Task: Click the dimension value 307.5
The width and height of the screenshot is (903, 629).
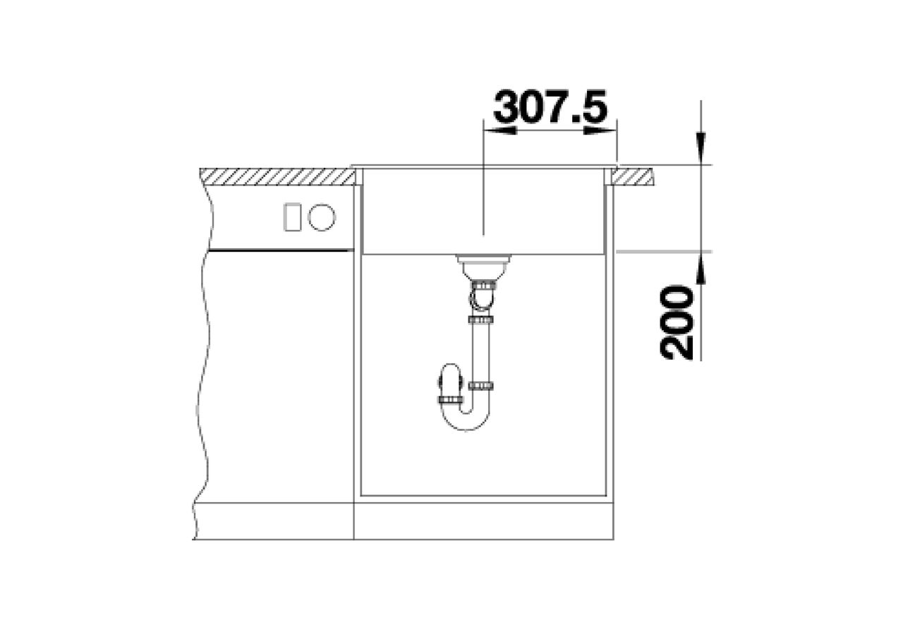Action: [550, 106]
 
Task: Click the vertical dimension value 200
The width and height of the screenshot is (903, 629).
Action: [677, 322]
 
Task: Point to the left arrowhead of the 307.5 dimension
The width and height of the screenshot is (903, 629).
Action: [500, 130]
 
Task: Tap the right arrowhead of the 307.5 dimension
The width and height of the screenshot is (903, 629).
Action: [600, 130]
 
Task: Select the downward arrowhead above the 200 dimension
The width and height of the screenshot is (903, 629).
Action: [701, 149]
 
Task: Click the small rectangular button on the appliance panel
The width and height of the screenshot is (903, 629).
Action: [292, 217]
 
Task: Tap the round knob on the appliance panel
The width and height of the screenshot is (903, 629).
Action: [322, 218]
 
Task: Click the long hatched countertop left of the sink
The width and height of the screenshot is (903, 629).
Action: [277, 177]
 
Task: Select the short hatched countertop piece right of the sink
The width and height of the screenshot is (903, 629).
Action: [633, 177]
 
